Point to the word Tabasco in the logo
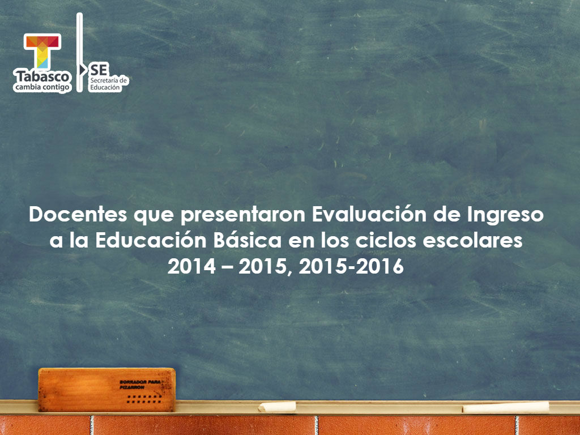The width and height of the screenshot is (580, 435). [x=42, y=76]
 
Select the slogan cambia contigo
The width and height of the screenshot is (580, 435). [x=42, y=87]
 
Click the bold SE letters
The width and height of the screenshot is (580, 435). [x=99, y=69]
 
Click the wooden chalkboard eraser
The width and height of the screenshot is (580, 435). [x=106, y=389]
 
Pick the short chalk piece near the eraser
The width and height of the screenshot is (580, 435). [x=277, y=406]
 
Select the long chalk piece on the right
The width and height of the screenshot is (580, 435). [x=506, y=407]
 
